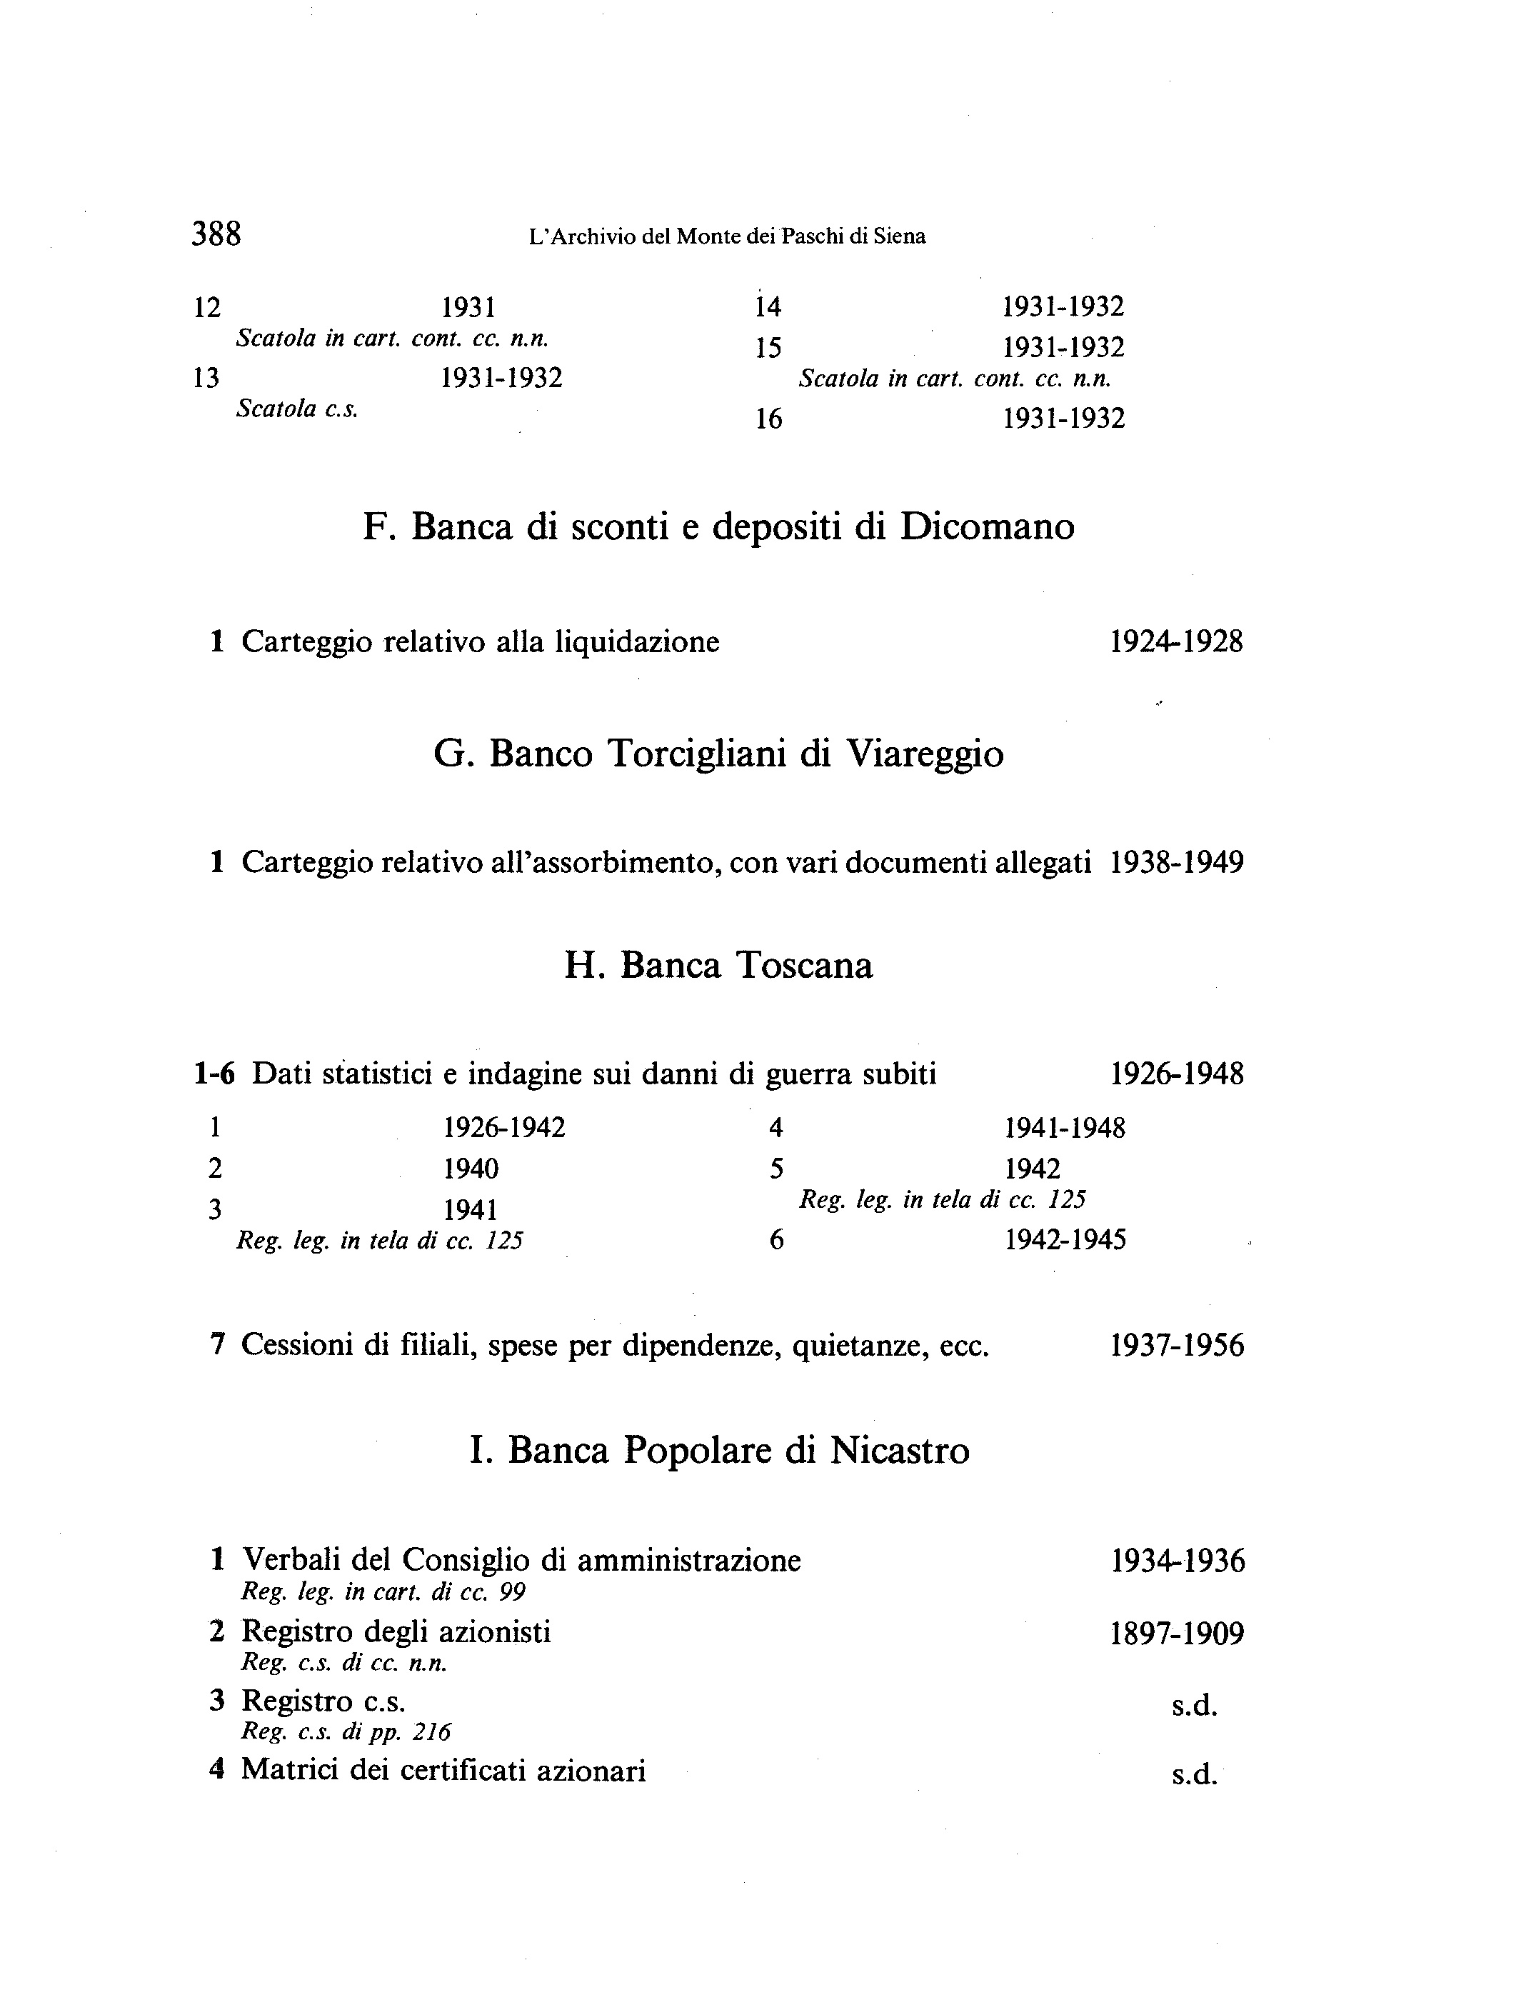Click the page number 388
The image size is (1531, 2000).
point(216,234)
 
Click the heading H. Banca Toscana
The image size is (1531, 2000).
point(718,966)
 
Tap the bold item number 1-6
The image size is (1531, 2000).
point(214,1075)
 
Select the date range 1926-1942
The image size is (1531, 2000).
point(504,1129)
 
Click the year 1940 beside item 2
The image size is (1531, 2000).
point(471,1169)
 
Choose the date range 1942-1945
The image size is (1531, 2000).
point(1065,1240)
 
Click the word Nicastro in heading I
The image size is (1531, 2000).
point(900,1450)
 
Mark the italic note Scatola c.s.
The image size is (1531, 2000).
point(297,409)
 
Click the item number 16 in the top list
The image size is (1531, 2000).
point(769,419)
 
